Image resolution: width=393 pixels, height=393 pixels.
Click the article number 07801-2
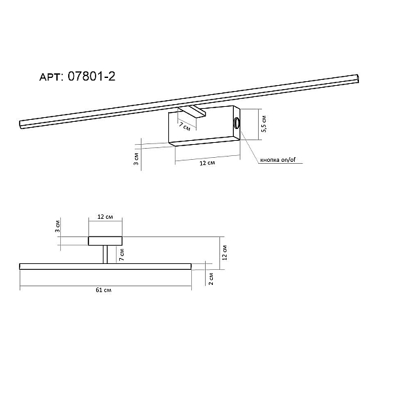click(92, 76)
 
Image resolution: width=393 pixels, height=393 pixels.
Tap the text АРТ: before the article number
click(51, 77)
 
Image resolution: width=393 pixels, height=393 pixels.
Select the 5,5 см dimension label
click(264, 124)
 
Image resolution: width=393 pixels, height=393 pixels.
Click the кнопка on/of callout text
click(278, 160)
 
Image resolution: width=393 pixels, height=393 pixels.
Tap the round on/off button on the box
click(236, 122)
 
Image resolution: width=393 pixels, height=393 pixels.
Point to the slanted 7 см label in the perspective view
click(185, 126)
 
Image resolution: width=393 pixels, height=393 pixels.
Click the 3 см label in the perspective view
click(136, 159)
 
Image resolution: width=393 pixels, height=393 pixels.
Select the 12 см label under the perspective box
click(207, 163)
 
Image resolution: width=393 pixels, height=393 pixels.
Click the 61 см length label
click(103, 290)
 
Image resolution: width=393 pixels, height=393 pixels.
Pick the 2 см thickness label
click(211, 279)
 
